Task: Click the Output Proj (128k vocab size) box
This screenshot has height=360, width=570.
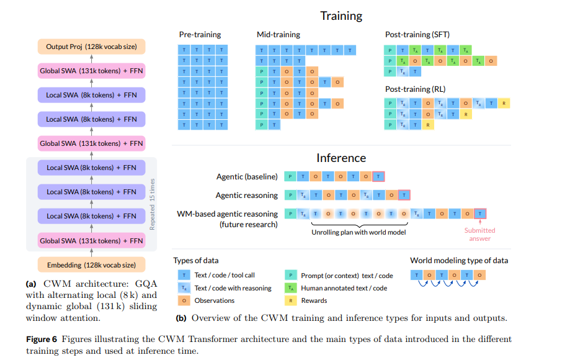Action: [91, 47]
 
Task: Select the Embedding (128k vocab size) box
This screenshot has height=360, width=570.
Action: [91, 265]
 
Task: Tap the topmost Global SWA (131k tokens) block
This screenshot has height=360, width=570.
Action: [91, 71]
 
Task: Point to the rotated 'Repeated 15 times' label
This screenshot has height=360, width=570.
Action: [152, 204]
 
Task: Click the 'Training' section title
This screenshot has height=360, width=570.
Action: [341, 16]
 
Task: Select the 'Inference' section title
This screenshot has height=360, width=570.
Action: [341, 158]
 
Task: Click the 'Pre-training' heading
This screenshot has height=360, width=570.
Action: [200, 35]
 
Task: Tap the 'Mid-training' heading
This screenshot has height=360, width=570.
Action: [278, 35]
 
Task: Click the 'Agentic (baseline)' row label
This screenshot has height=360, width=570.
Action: [247, 177]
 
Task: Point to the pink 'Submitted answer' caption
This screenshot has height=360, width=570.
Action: [479, 234]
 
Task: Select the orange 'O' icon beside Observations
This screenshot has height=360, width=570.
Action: [184, 300]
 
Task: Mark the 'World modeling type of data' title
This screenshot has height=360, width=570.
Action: [458, 261]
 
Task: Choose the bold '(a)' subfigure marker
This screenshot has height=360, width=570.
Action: [31, 284]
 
